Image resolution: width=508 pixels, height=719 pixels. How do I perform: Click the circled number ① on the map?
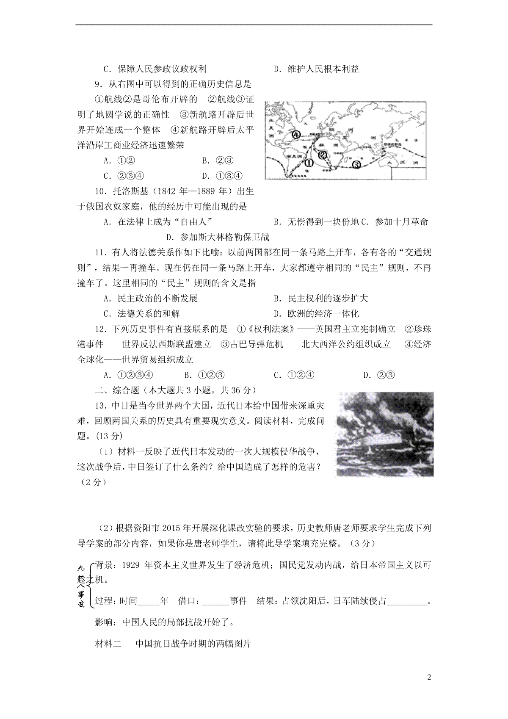click(x=309, y=162)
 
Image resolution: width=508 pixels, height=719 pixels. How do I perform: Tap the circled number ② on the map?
click(x=323, y=155)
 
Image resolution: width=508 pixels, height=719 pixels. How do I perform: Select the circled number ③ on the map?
click(x=356, y=165)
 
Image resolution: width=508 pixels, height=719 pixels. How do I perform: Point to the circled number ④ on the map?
click(x=296, y=135)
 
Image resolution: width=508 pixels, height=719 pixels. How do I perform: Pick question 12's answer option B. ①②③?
click(x=204, y=375)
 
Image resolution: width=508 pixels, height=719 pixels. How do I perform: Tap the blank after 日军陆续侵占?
click(x=407, y=601)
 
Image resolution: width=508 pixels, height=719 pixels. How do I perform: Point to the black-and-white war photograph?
click(x=385, y=434)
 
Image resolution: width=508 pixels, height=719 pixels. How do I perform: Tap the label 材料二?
click(x=108, y=644)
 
